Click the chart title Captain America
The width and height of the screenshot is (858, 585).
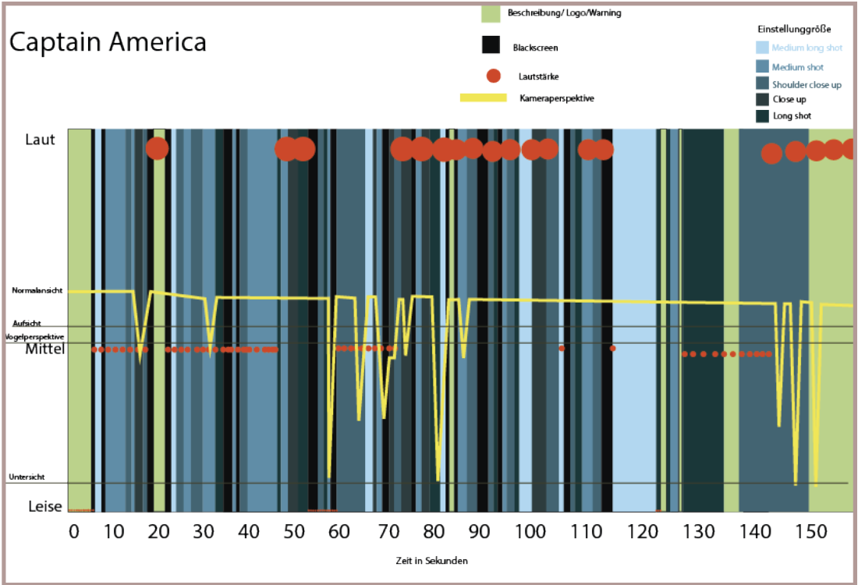[108, 42]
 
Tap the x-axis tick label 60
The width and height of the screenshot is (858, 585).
[339, 533]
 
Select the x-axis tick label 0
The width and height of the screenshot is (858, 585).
[74, 533]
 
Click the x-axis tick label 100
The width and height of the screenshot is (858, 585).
[534, 533]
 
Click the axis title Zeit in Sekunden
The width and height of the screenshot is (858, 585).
[432, 560]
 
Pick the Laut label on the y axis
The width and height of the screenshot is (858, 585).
[41, 140]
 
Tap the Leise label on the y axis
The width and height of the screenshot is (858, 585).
[44, 506]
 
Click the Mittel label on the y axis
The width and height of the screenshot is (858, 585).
[44, 349]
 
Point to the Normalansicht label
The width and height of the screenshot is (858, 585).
[36, 291]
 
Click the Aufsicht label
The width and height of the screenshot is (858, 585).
[27, 322]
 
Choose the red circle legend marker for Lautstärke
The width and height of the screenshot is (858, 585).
[492, 76]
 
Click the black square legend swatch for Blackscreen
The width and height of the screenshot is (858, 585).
[491, 45]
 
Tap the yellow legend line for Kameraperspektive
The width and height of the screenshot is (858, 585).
[484, 98]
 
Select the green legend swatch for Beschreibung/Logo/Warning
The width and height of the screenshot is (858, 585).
[491, 13]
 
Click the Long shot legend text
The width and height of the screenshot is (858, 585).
[792, 116]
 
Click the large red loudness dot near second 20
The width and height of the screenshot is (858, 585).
[157, 148]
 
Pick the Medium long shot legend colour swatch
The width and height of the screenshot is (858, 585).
[763, 48]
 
